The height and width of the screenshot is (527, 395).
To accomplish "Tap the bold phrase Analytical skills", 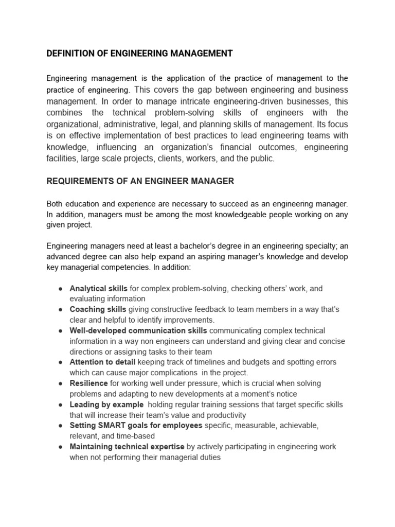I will [x=98, y=289].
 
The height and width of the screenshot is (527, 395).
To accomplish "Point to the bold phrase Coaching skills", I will [x=98, y=310].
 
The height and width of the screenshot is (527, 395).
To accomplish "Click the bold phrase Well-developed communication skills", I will [x=138, y=331].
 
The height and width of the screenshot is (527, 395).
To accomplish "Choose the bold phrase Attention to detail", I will [x=101, y=362].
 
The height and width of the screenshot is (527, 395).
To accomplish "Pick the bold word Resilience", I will [x=88, y=383].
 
